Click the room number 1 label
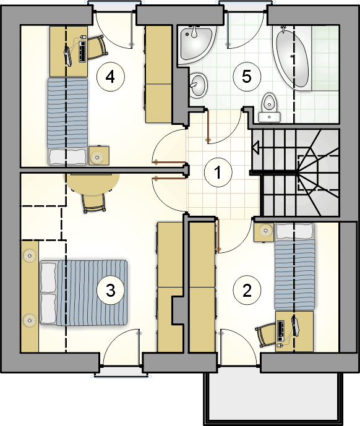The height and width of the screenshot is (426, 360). tap(218, 173)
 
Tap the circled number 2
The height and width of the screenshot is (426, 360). tap(247, 291)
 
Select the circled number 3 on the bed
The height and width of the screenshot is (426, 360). tap(110, 291)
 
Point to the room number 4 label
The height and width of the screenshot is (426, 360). tap(110, 77)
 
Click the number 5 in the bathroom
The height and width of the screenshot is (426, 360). tap(247, 77)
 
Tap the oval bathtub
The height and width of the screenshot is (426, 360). tap(293, 58)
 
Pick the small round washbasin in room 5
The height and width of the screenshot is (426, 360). tap(198, 85)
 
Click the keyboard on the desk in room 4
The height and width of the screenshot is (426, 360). tap(83, 51)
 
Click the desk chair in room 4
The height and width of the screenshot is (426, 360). tap(96, 48)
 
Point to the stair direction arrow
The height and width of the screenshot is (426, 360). tap(255, 148)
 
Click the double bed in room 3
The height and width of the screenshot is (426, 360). tap(84, 292)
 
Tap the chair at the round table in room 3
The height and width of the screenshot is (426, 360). tap(94, 203)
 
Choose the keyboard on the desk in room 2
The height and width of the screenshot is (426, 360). tap(281, 331)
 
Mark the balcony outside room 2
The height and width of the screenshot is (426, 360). tap(273, 399)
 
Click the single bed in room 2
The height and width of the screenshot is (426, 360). tap(294, 266)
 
